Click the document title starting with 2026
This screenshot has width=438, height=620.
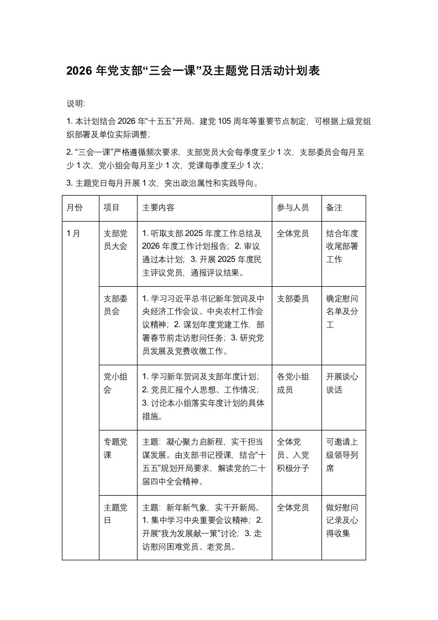pyautogui.click(x=193, y=71)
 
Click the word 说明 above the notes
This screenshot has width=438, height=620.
pyautogui.click(x=76, y=104)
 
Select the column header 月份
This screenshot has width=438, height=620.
pyautogui.click(x=75, y=208)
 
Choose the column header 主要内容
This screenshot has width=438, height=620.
pyautogui.click(x=159, y=208)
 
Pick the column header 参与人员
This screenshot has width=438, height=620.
pyautogui.click(x=293, y=208)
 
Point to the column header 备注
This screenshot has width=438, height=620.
pyautogui.click(x=335, y=208)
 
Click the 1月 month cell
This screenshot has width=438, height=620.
pyautogui.click(x=73, y=234)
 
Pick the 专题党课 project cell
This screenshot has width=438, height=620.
pyautogui.click(x=116, y=449)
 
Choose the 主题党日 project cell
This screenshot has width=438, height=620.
pyautogui.click(x=116, y=514)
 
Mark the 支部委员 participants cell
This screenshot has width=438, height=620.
pyautogui.click(x=293, y=299)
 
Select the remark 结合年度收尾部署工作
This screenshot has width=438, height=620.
pyautogui.click(x=342, y=246)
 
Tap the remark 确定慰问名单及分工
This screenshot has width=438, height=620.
pyautogui.click(x=342, y=312)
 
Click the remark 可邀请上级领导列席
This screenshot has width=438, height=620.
pyautogui.click(x=342, y=455)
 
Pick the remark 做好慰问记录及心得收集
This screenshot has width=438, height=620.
pyautogui.click(x=342, y=521)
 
